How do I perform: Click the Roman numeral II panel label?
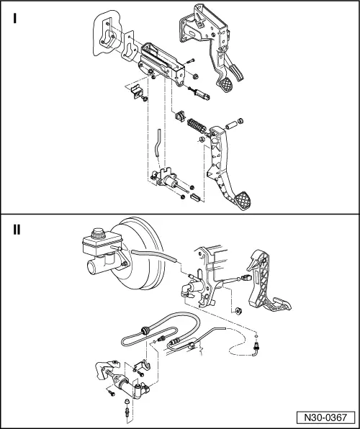click(x=17, y=231)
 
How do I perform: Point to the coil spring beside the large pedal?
click(x=195, y=126)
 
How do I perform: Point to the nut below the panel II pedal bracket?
click(x=237, y=312)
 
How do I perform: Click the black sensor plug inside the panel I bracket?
click(x=181, y=116)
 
